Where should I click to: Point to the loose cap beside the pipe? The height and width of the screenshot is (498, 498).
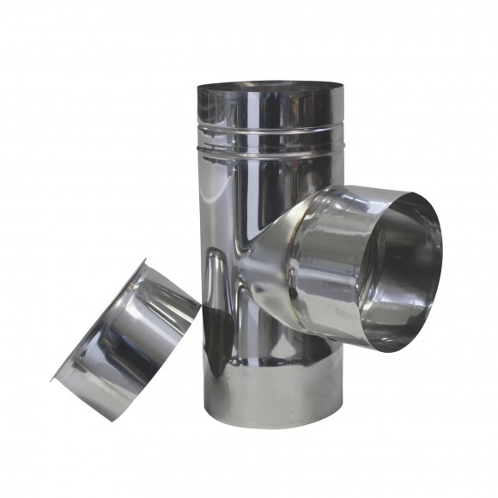pyautogui.click(x=129, y=335)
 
